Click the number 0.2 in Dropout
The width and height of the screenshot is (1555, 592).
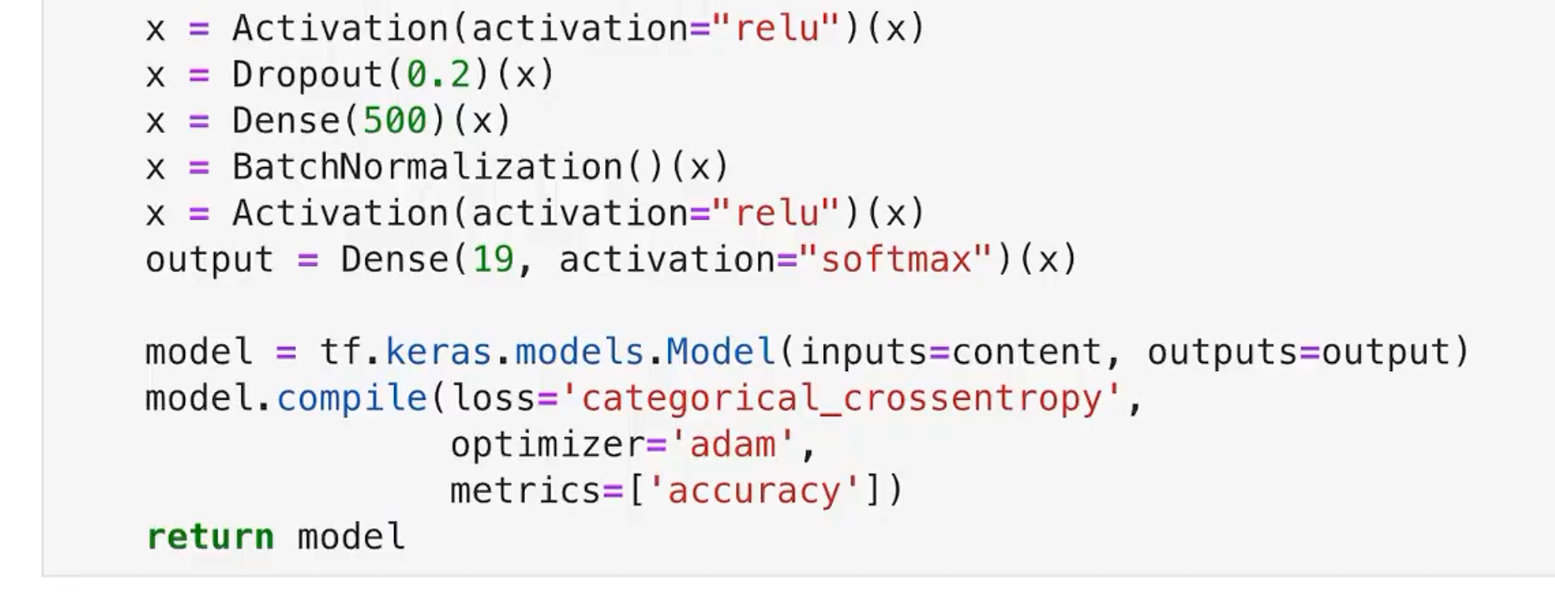click(x=439, y=74)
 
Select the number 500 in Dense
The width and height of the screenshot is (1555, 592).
click(x=395, y=121)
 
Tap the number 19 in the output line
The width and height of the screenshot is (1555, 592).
click(x=493, y=260)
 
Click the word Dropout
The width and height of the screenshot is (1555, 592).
click(x=308, y=74)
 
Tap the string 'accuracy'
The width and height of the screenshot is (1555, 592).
click(x=754, y=491)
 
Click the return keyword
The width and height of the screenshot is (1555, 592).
click(x=210, y=537)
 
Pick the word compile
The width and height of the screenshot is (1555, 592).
click(x=352, y=398)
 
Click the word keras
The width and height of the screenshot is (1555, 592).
click(x=439, y=353)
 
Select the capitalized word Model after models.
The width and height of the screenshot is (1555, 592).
click(x=721, y=353)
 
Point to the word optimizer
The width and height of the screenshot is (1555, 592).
click(x=547, y=445)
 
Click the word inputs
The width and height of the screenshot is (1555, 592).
click(x=863, y=353)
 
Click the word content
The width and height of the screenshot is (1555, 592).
click(x=1026, y=353)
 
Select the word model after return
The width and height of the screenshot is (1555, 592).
click(x=351, y=537)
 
